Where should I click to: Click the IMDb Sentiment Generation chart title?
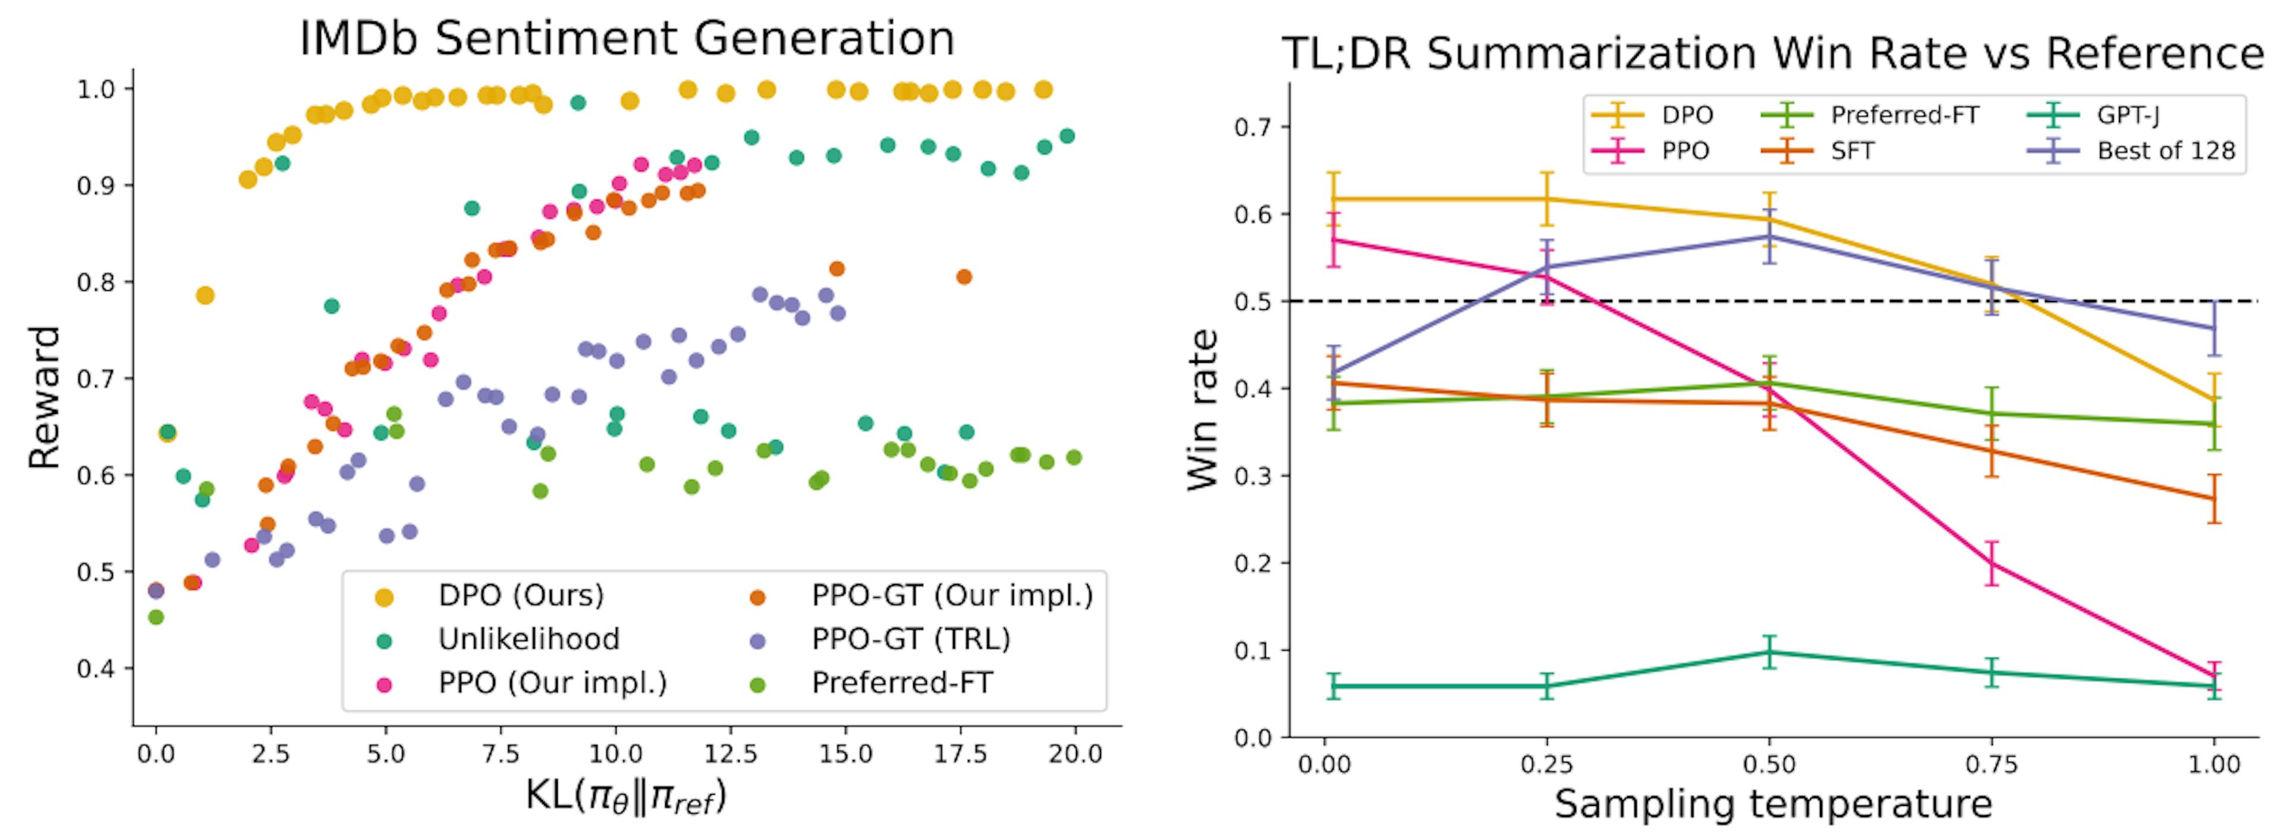627,39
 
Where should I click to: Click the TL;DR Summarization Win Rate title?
1772,55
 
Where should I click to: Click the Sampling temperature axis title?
1772,804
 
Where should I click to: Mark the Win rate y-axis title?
1203,410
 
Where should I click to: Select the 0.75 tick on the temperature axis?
1992,764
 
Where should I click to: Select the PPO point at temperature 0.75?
1992,563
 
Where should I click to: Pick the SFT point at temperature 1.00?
2214,498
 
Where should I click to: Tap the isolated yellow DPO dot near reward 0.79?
205,295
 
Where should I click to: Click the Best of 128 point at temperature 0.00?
1334,373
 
